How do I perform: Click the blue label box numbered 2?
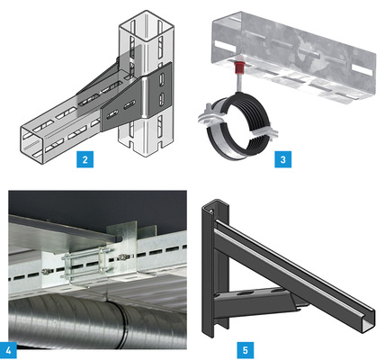click(x=85, y=159)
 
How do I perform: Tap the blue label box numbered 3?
click(x=283, y=159)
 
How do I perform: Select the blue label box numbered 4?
click(x=8, y=350)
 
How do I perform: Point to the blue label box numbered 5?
click(x=246, y=350)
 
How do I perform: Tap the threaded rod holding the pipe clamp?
click(x=240, y=83)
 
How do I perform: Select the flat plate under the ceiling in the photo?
click(x=63, y=231)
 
